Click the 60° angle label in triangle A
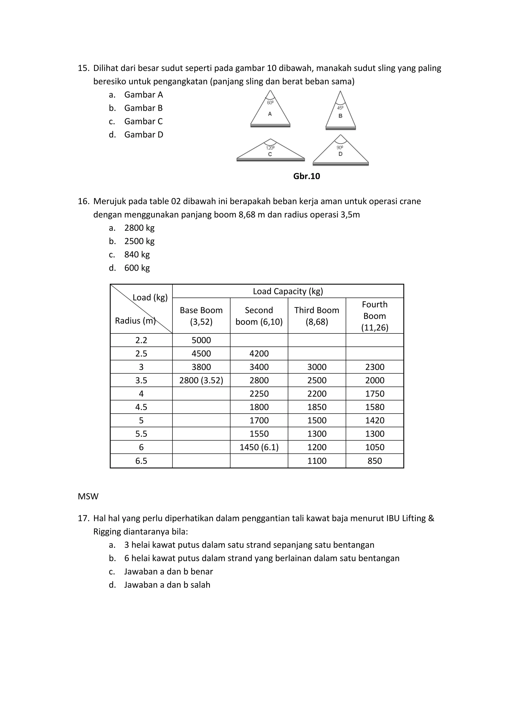tap(270, 103)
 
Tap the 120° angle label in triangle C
tap(270, 148)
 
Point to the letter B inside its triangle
tap(340, 116)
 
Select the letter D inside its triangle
tap(340, 154)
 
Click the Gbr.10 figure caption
tap(306, 176)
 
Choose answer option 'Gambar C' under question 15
tap(143, 121)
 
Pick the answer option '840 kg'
tap(137, 254)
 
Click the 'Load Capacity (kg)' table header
tap(288, 291)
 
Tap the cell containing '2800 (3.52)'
tap(201, 380)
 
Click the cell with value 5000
tap(201, 340)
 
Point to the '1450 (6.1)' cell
tap(259, 447)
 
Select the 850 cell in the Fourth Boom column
tap(374, 461)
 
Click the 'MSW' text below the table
tap(88, 496)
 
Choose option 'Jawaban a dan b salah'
tap(167, 585)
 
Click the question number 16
tap(84, 201)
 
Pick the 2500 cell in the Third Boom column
tap(317, 380)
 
